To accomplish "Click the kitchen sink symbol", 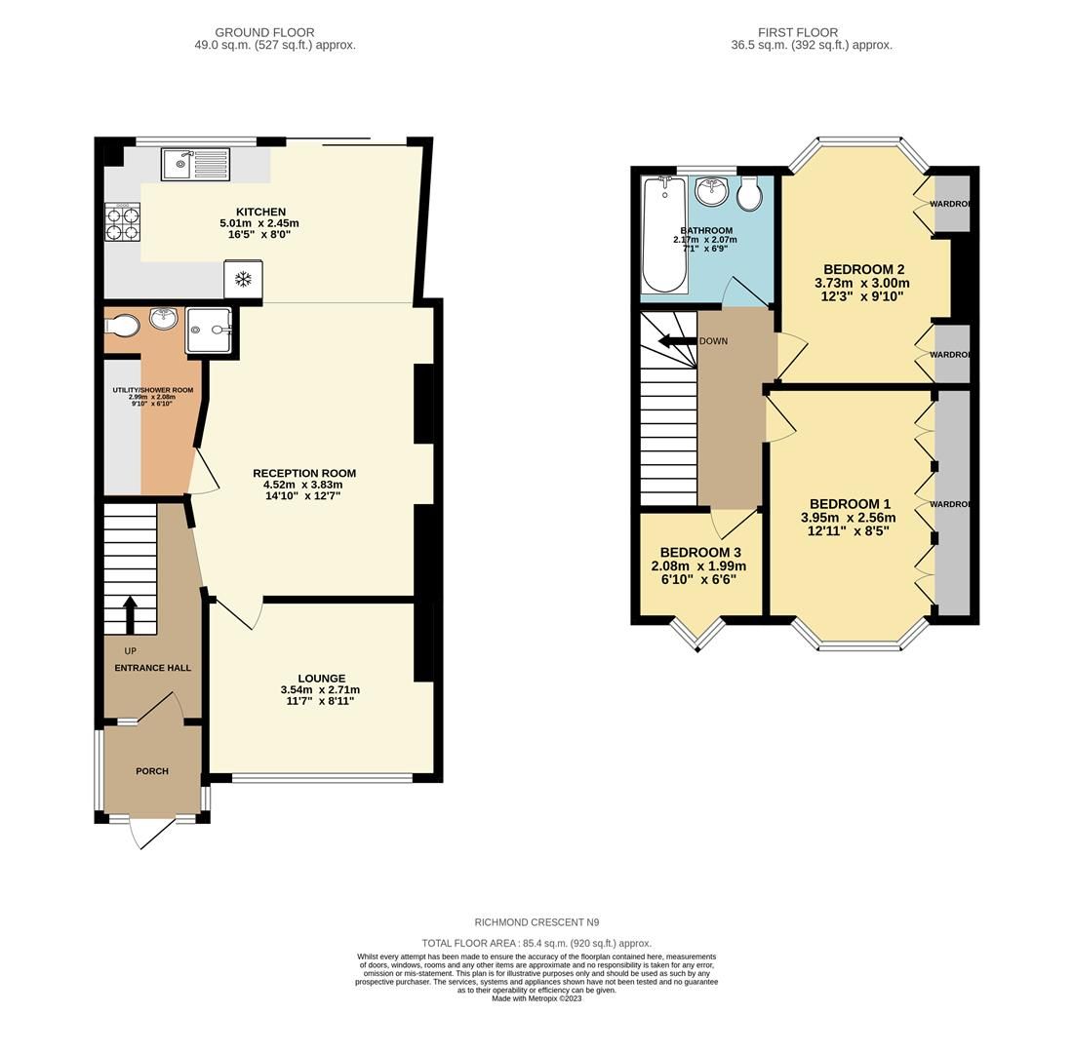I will click(x=196, y=165).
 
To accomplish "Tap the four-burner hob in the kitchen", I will click(x=122, y=222).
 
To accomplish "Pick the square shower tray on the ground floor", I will click(x=209, y=330).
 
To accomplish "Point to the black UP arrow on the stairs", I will click(x=130, y=614).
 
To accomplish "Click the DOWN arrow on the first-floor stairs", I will click(x=676, y=341).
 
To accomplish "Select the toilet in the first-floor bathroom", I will click(x=749, y=193).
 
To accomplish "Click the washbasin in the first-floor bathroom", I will click(x=713, y=190).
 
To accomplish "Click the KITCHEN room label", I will click(x=260, y=212).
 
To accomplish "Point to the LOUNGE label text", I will click(x=322, y=679).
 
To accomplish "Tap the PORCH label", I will click(x=152, y=771).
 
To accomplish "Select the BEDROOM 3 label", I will click(x=699, y=553).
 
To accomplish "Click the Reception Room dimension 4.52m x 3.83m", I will click(x=302, y=485).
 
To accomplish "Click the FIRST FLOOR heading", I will click(x=798, y=32).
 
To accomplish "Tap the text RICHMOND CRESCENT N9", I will click(x=536, y=922).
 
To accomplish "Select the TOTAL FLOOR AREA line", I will click(x=536, y=943).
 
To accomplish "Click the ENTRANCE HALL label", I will click(x=152, y=668).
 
